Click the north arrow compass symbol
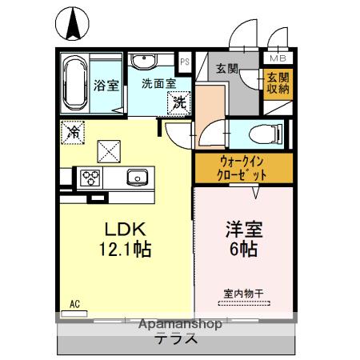point(72,24)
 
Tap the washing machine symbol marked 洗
point(180,102)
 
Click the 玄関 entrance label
point(226,69)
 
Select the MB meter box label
point(276,58)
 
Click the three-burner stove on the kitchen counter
point(87,178)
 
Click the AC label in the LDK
point(75,303)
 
